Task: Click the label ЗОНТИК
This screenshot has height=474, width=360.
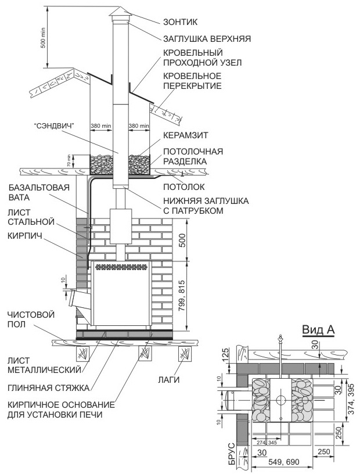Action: click(x=180, y=22)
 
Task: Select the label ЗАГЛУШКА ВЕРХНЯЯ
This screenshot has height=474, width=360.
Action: click(x=207, y=39)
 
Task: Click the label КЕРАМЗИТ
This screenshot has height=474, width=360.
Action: click(x=186, y=135)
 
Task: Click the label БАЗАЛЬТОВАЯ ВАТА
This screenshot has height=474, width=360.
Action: click(x=38, y=192)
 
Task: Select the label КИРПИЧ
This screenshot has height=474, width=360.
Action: click(x=25, y=235)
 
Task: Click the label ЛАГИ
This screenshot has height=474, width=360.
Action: click(x=168, y=379)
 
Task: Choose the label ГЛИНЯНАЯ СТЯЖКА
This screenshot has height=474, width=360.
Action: click(x=48, y=388)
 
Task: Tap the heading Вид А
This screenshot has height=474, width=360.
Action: click(x=319, y=330)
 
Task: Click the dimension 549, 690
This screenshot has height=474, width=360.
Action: click(x=283, y=462)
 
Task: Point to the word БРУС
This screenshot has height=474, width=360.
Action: click(x=232, y=454)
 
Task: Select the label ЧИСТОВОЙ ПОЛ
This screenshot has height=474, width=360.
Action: click(x=31, y=319)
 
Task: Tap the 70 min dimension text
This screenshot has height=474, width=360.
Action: click(x=69, y=161)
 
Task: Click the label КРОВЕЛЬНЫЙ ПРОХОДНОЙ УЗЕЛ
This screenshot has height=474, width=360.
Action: click(x=203, y=58)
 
